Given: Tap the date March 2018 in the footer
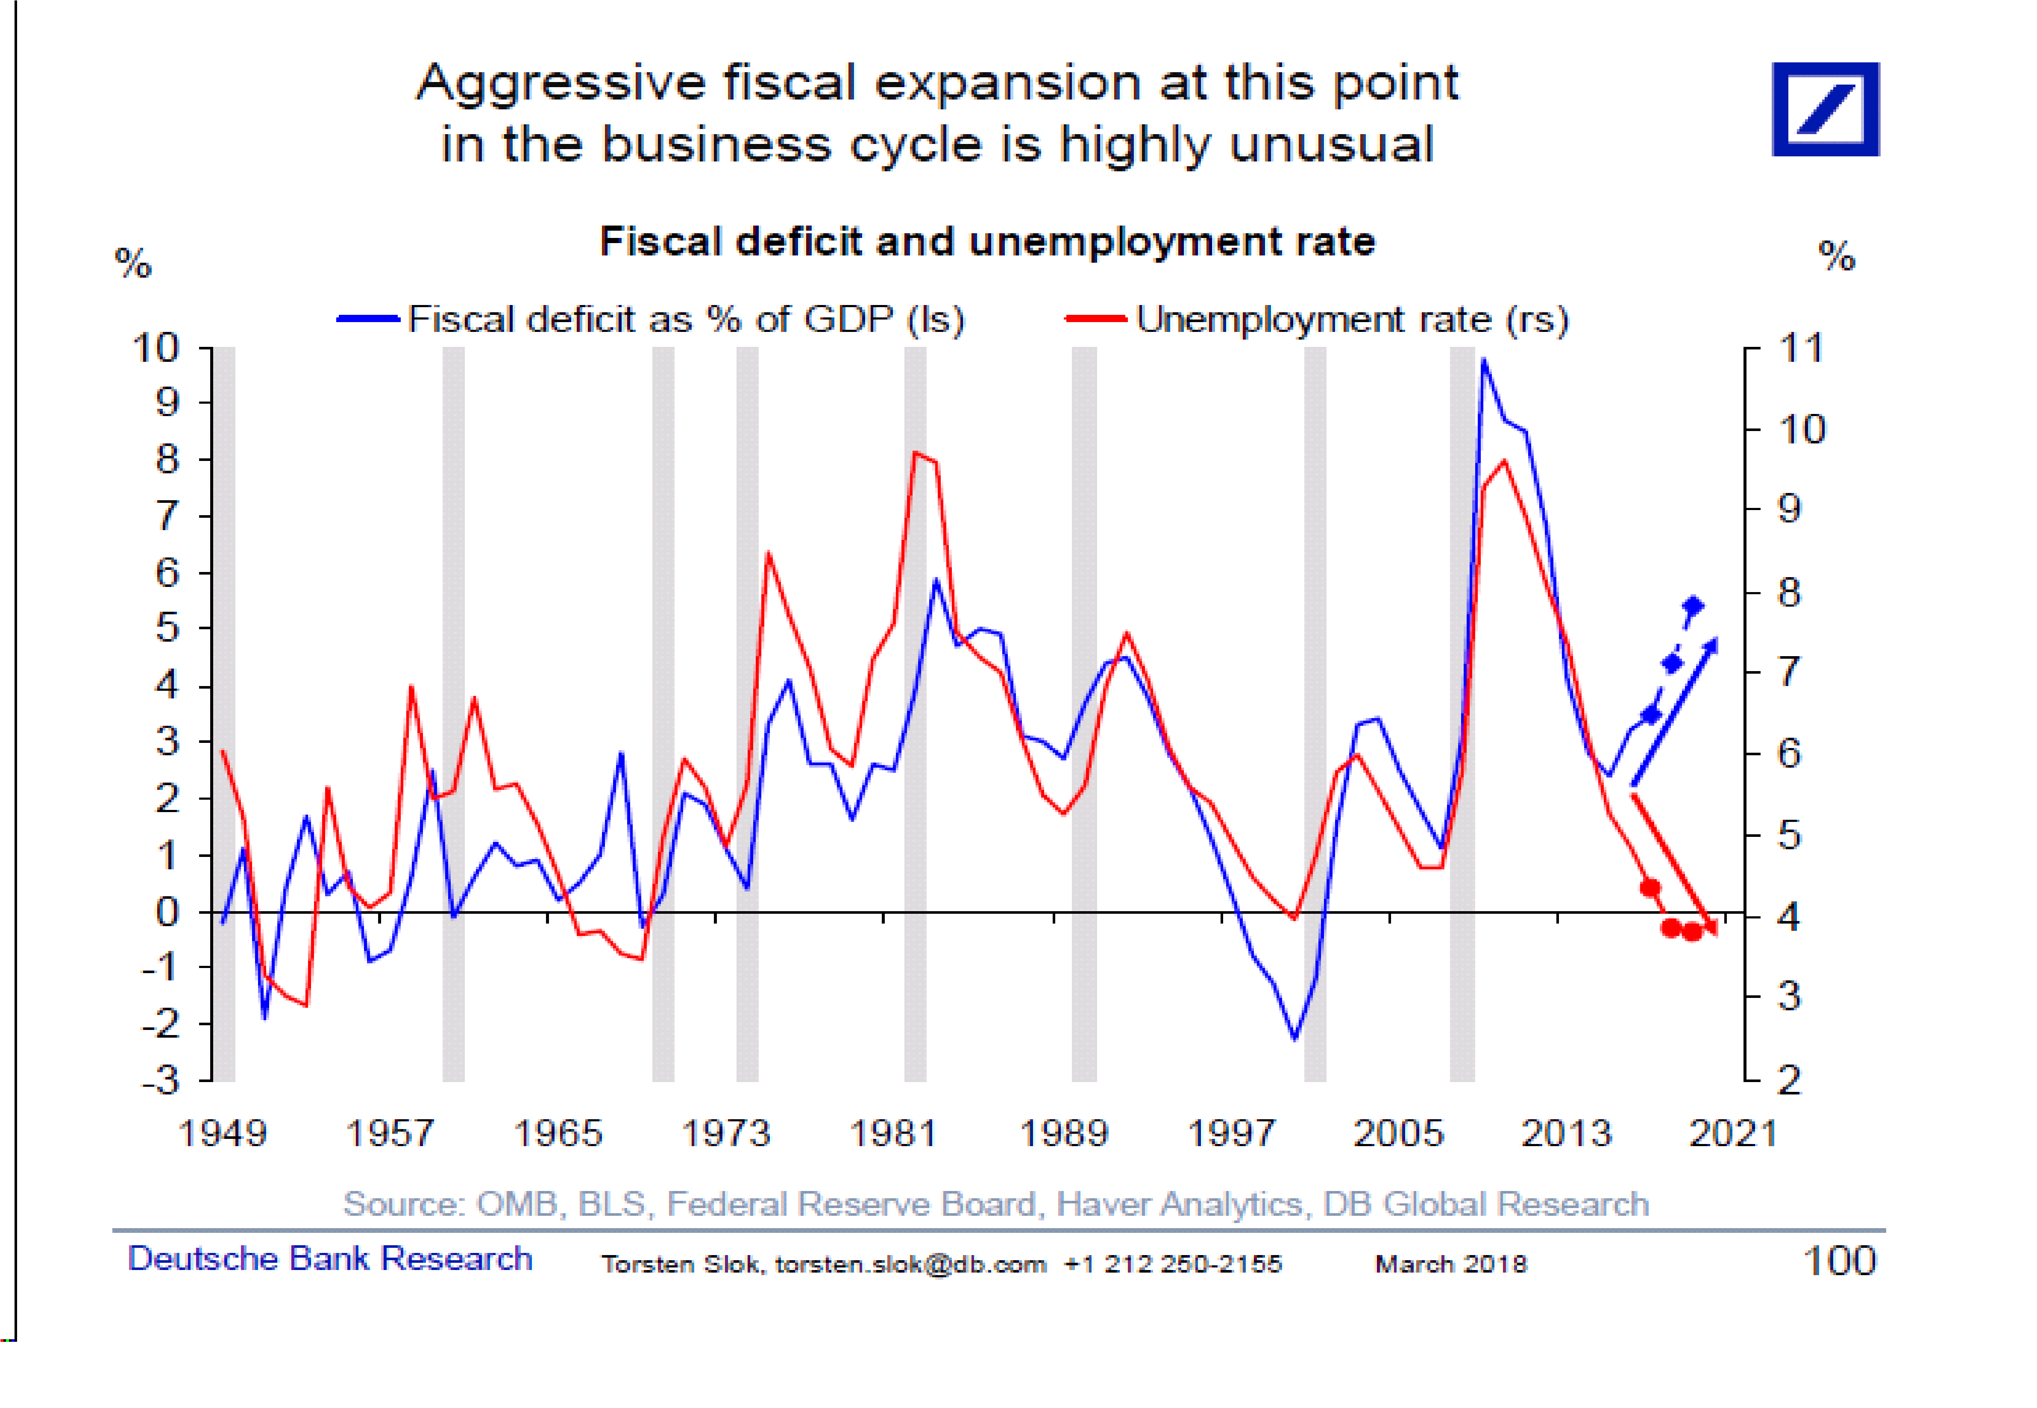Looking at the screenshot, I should (1450, 1264).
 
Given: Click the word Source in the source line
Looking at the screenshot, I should (400, 1203).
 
